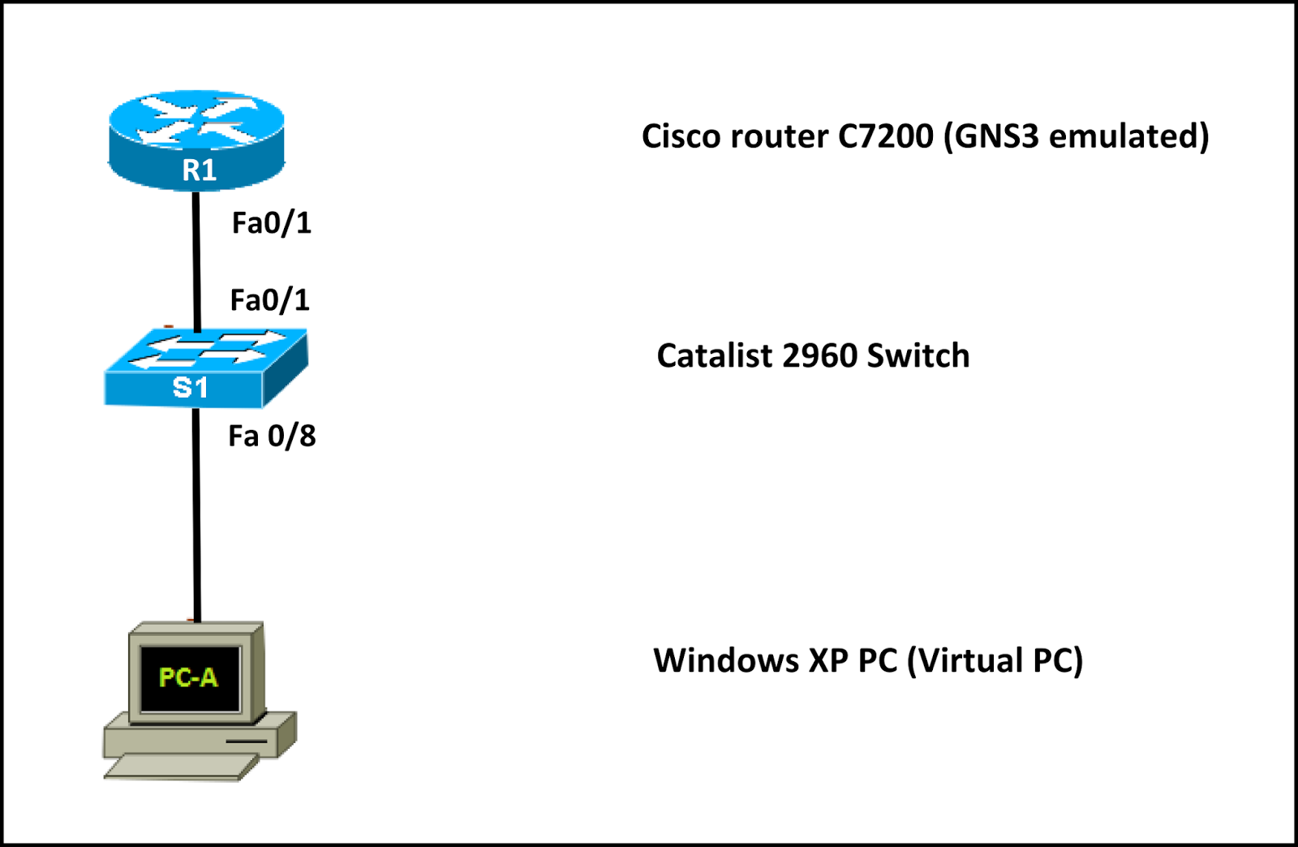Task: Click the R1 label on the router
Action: tap(199, 170)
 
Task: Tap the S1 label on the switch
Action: tap(191, 388)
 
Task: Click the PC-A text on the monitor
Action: tap(188, 677)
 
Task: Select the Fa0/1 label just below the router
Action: tap(271, 223)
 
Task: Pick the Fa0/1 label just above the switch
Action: tap(269, 300)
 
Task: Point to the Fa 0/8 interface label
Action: tap(272, 436)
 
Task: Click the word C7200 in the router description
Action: tap(885, 136)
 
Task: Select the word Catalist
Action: tap(715, 356)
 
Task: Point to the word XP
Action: tap(828, 660)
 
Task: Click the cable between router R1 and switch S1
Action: tap(196, 260)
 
